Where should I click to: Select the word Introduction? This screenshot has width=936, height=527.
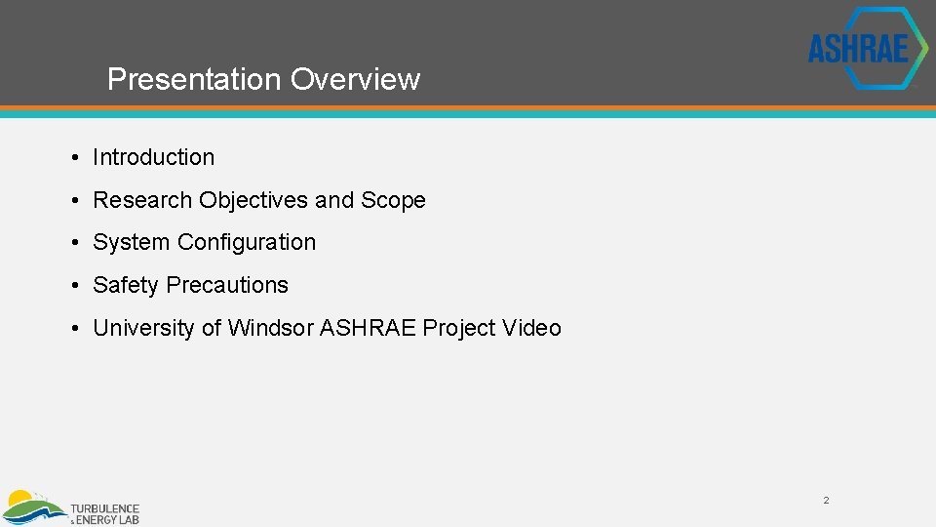click(153, 157)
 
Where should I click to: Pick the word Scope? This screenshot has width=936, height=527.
click(393, 200)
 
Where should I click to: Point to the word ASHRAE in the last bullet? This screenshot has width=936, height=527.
click(368, 328)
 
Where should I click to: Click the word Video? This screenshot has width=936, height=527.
click(531, 328)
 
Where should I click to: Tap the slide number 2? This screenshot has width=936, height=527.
click(826, 501)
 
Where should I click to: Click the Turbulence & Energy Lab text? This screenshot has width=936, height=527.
click(104, 513)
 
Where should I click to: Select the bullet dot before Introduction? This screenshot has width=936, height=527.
click(75, 158)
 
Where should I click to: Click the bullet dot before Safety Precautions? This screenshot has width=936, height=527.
click(75, 286)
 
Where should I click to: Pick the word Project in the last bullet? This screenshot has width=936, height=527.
click(458, 328)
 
